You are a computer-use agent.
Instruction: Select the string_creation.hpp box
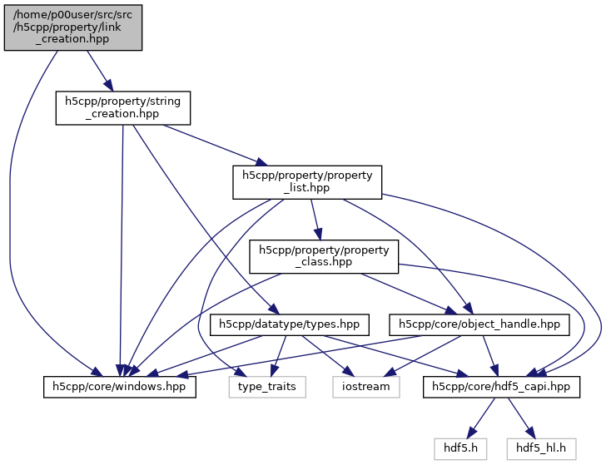123,108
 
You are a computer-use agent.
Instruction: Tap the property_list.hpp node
307,182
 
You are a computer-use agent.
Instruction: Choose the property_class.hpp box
325,256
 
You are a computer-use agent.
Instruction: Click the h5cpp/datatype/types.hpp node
289,324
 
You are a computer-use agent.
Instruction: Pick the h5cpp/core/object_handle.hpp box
480,324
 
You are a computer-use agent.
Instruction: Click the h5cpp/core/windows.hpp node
120,387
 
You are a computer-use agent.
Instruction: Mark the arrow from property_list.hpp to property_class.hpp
315,219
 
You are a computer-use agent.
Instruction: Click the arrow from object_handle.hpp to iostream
425,355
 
